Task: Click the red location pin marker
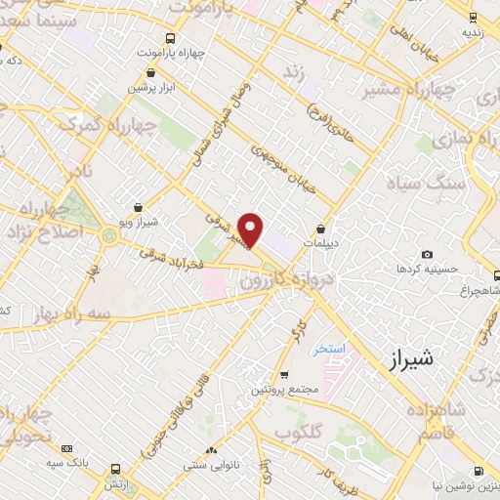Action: [252, 229]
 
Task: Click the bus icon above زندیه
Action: [473, 17]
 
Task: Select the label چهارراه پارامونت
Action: [171, 52]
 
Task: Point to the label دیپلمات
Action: [319, 241]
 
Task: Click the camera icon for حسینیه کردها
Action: [427, 254]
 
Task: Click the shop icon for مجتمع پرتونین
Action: [283, 374]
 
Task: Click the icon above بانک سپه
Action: [67, 449]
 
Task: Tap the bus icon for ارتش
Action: [116, 470]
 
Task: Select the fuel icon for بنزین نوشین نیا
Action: [478, 471]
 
